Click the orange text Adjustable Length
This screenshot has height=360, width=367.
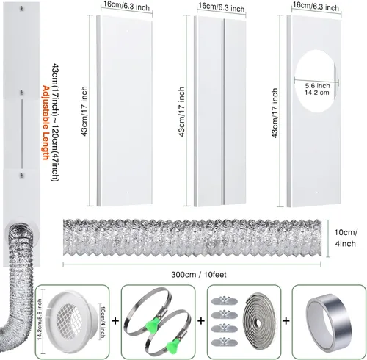pos(46,123)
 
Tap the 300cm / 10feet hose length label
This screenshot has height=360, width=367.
pos(199,275)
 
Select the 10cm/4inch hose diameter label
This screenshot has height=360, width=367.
pos(346,238)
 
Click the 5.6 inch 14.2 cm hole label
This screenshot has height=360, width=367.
pos(317,89)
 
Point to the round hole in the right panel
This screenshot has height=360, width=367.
pos(316,81)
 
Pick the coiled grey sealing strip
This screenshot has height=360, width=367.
pos(259,321)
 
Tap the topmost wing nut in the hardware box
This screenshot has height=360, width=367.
pos(225,300)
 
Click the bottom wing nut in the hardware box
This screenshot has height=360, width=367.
pos(225,342)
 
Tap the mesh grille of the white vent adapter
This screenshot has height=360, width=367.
pos(69,320)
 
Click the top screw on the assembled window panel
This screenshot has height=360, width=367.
pos(22,9)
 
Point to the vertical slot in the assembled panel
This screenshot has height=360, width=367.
pos(22,134)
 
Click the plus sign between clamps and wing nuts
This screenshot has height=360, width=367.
pos(201,321)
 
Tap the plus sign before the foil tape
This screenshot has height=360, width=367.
pos(286,321)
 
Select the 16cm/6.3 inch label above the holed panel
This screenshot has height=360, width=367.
pos(316,6)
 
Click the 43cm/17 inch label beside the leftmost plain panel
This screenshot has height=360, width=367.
pos(84,111)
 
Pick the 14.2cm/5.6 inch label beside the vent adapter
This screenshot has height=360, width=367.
pos(40,320)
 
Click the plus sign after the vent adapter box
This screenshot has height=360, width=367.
pos(115,321)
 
